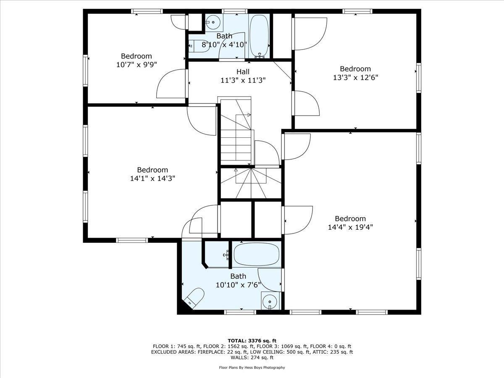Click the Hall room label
pyautogui.click(x=243, y=72)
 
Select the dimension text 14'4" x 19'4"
pyautogui.click(x=350, y=227)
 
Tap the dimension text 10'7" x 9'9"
pyautogui.click(x=136, y=64)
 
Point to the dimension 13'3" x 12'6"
pyautogui.click(x=355, y=77)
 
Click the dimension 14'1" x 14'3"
pyautogui.click(x=152, y=178)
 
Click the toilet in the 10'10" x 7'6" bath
pyautogui.click(x=194, y=297)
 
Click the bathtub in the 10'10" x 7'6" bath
pyautogui.click(x=257, y=255)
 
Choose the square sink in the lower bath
pyautogui.click(x=269, y=301)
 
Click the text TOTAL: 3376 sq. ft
pyautogui.click(x=252, y=341)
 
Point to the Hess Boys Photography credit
pyautogui.click(x=252, y=367)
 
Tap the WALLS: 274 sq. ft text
pyautogui.click(x=252, y=357)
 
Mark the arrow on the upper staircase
pyautogui.click(x=248, y=114)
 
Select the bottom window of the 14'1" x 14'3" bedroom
pyautogui.click(x=132, y=240)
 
